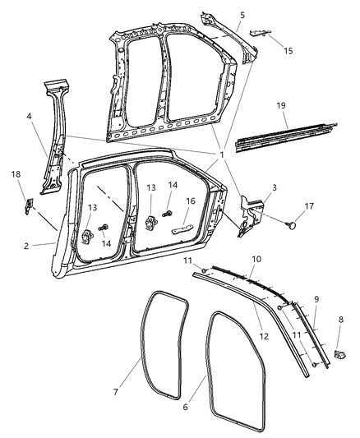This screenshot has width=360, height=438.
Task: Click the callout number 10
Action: [256, 260]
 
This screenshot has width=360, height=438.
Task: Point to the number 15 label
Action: [287, 51]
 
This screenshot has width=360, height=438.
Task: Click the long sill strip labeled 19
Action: [288, 138]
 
